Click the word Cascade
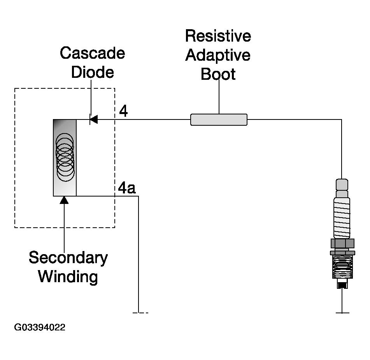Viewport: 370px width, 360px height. pos(92,53)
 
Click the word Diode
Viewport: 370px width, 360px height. pos(92,72)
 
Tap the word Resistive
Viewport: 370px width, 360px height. pos(218,36)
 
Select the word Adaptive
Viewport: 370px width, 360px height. pos(218,55)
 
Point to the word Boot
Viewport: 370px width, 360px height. pos(218,74)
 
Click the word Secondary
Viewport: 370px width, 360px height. pos(68,258)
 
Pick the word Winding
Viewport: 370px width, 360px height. pos(68,277)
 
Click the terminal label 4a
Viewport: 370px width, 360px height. pos(127,188)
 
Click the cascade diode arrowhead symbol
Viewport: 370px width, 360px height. pos(93,119)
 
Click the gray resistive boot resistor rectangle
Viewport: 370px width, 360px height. pos(219,119)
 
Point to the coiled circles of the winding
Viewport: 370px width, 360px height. pos(65,157)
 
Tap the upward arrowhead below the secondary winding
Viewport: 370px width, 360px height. pos(65,200)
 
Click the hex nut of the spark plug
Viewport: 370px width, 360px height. pos(342,244)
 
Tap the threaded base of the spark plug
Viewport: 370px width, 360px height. pos(342,268)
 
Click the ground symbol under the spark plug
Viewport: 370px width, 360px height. pos(342,312)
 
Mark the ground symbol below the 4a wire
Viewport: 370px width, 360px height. pos(139,312)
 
